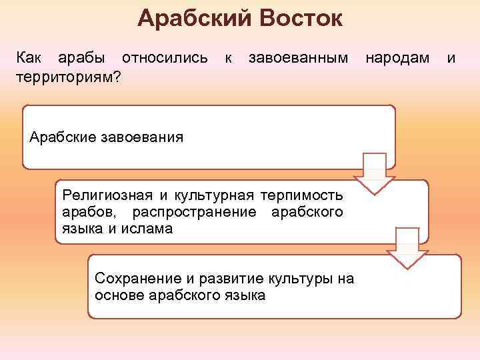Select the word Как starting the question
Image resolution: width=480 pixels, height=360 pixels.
pos(28,59)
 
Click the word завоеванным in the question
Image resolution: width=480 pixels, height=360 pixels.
pos(297,59)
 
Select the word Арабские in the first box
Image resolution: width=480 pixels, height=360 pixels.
pos(63,138)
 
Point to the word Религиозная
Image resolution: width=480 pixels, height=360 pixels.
pos(107,195)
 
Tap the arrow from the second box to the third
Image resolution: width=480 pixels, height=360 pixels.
pos(406,248)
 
